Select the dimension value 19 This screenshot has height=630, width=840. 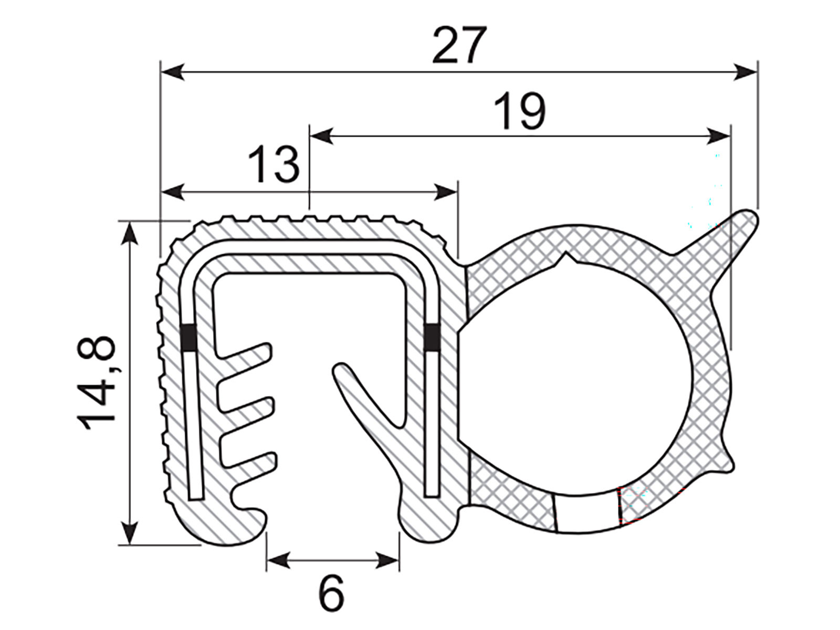coord(520,111)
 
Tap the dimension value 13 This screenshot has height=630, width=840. coord(274,165)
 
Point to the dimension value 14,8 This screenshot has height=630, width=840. coord(97,382)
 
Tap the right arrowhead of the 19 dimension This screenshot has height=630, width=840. coord(718,136)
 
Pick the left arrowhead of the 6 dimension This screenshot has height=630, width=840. coord(278,560)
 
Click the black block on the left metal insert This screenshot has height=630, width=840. coord(188,338)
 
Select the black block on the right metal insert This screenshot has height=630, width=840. coord(433,338)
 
